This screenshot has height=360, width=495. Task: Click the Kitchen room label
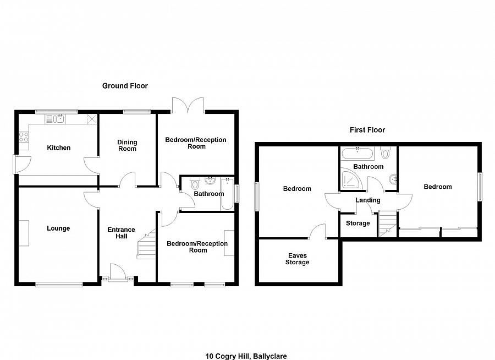coord(58,148)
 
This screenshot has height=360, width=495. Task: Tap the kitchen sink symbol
coord(55,119)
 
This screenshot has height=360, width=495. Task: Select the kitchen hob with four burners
coord(24,137)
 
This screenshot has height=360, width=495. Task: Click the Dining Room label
coord(127,145)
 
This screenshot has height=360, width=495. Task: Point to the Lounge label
coord(58,228)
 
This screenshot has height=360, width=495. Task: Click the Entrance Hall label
coord(121,233)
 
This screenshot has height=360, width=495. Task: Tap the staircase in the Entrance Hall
coord(146,244)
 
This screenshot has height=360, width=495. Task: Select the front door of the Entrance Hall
coord(118,272)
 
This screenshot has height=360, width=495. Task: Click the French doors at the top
coord(188,105)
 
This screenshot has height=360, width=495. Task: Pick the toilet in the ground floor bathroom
coord(195,183)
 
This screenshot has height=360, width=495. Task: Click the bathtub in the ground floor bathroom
coord(227,194)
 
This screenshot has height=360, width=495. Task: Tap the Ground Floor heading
coord(125,86)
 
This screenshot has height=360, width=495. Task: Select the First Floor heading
coord(367,130)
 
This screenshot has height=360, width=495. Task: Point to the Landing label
coord(368,200)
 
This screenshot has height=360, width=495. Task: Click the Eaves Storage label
coord(298,259)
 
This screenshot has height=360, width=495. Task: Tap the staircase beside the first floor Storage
coord(387,223)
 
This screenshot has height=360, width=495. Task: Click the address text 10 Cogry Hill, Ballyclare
coord(246,356)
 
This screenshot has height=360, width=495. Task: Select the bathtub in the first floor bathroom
coord(358,153)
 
